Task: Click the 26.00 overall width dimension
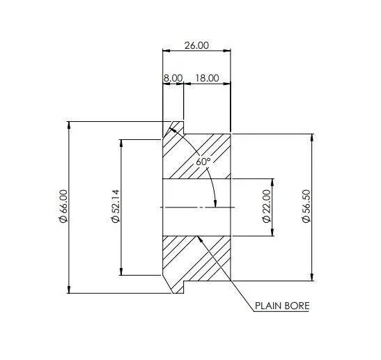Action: pyautogui.click(x=196, y=45)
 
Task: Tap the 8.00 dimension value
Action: pyautogui.click(x=173, y=78)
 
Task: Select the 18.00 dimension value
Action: pyautogui.click(x=207, y=78)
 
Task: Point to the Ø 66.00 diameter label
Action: pyautogui.click(x=63, y=206)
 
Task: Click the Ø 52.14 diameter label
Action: pyautogui.click(x=116, y=206)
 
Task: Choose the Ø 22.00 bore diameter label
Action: pyautogui.click(x=266, y=206)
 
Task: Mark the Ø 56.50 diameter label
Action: pyautogui.click(x=306, y=206)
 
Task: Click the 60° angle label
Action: pyautogui.click(x=203, y=162)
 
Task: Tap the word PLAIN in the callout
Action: pyautogui.click(x=267, y=306)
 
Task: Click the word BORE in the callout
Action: pyautogui.click(x=297, y=306)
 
